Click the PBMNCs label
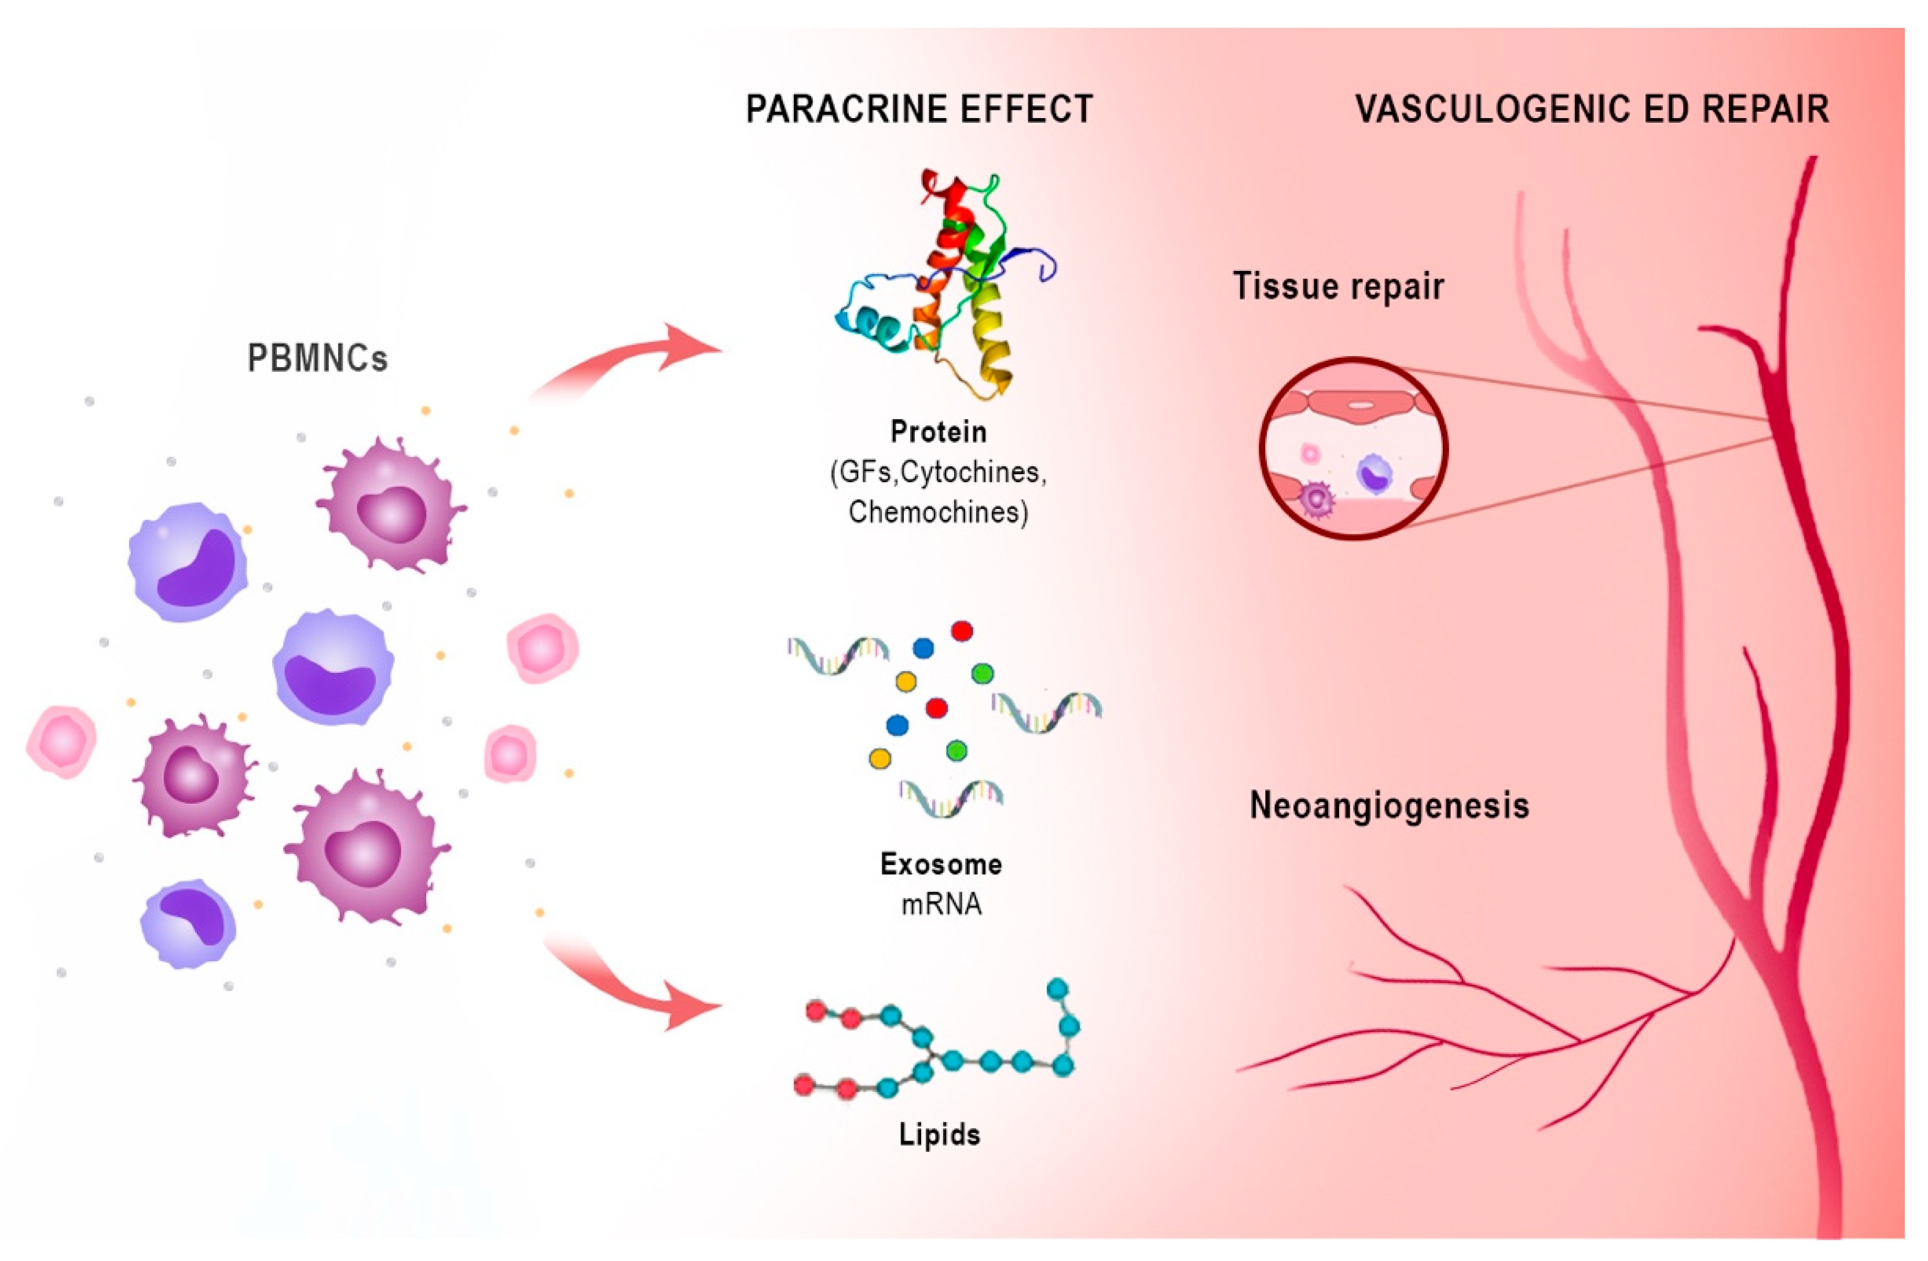tap(317, 358)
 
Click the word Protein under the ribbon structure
tap(938, 432)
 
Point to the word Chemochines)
tap(938, 512)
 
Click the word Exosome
tap(940, 864)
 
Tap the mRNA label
tap(940, 904)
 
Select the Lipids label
tap(939, 1134)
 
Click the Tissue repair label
tap(1337, 286)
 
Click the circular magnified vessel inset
tap(1353, 448)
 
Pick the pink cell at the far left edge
tap(61, 741)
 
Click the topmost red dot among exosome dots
tap(962, 630)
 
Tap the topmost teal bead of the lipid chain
tap(1057, 989)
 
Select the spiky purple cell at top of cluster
tap(391, 504)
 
